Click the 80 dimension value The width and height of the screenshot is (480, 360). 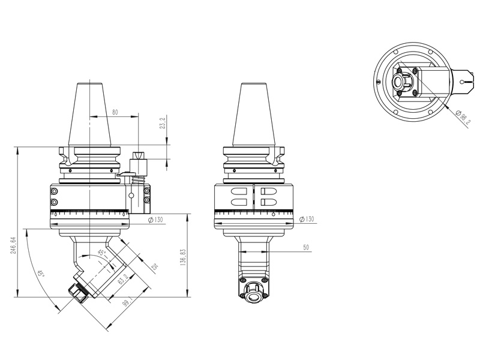click(115, 112)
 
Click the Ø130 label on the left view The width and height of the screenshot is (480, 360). click(155, 220)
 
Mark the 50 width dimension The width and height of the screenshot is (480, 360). click(306, 247)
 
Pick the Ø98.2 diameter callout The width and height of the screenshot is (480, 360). click(463, 118)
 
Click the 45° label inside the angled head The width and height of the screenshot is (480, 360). click(102, 253)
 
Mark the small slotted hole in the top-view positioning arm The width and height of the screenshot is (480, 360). click(464, 77)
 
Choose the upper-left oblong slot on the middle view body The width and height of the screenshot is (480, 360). click(239, 192)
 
